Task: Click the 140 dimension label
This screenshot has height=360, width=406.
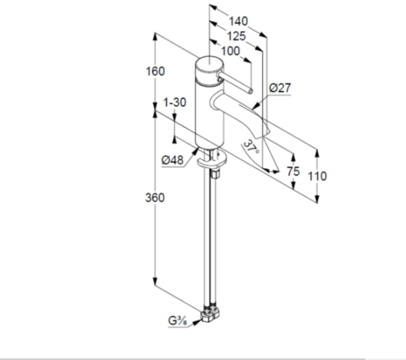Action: (238, 21)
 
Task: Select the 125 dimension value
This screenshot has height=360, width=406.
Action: (236, 36)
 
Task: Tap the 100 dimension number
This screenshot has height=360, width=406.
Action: (231, 51)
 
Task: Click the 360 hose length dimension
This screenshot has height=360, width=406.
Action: (155, 198)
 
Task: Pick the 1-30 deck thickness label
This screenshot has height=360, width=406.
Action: (175, 102)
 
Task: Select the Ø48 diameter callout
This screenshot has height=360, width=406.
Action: (173, 160)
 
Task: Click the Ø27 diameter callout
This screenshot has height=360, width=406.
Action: (280, 88)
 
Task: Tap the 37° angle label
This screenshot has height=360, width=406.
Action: (251, 147)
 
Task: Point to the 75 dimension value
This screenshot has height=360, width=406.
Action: (293, 171)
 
